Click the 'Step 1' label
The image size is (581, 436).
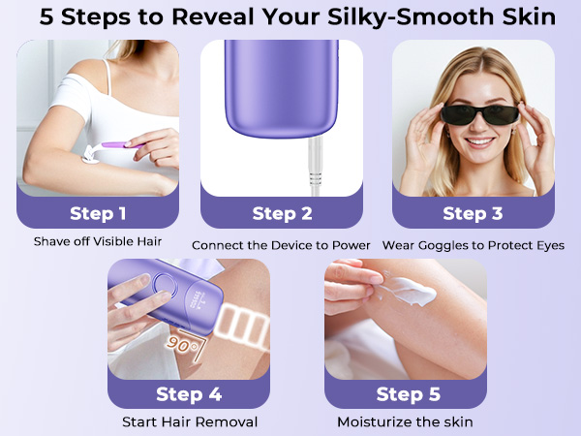pyautogui.click(x=98, y=213)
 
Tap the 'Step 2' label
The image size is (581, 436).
pyautogui.click(x=282, y=213)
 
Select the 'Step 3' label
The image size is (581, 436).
pyautogui.click(x=473, y=213)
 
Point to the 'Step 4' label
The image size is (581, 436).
pyautogui.click(x=189, y=394)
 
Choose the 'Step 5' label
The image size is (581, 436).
pyautogui.click(x=409, y=394)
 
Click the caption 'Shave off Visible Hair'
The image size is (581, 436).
pyautogui.click(x=98, y=241)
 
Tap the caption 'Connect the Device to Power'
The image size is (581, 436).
pyautogui.click(x=281, y=245)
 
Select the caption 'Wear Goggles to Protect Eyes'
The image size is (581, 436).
pyautogui.click(x=474, y=245)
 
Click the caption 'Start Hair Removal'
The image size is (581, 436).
pyautogui.click(x=190, y=421)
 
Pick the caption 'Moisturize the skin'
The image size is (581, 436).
pyautogui.click(x=405, y=421)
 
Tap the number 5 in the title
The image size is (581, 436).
pyautogui.click(x=46, y=17)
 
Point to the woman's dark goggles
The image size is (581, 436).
pyautogui.click(x=480, y=115)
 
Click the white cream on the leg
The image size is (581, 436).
pyautogui.click(x=408, y=291)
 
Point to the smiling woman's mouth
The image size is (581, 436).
pyautogui.click(x=480, y=142)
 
